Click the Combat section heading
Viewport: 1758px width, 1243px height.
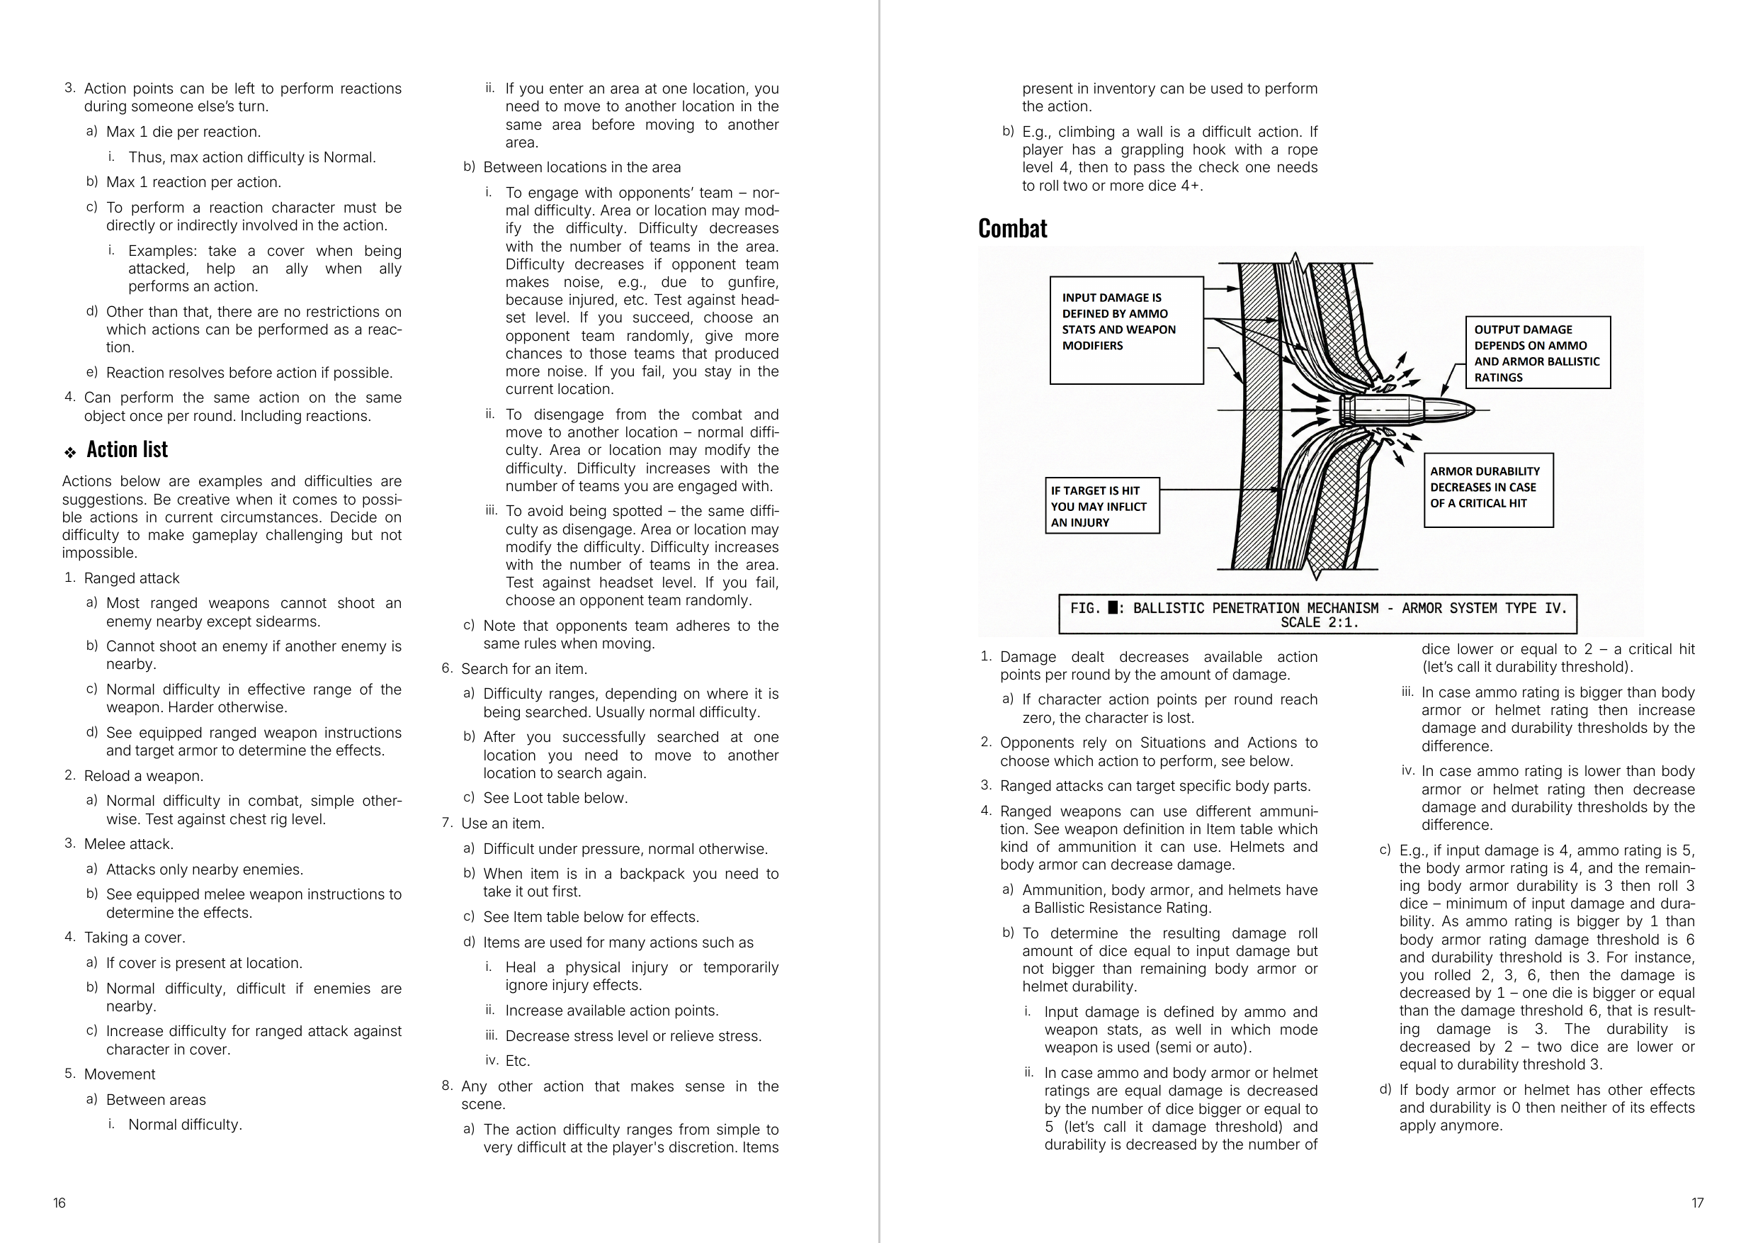pyautogui.click(x=1012, y=228)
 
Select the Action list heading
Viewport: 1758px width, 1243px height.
pyautogui.click(x=127, y=449)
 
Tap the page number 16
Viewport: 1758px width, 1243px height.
pyautogui.click(x=59, y=1203)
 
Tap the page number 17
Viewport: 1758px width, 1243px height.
pyautogui.click(x=1698, y=1203)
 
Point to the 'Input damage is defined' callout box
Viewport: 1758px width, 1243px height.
pyautogui.click(x=1125, y=330)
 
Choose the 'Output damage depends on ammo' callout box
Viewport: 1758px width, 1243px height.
pyautogui.click(x=1537, y=353)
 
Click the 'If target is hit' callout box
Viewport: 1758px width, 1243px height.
pyautogui.click(x=1102, y=506)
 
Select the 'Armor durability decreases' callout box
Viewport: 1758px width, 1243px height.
pyautogui.click(x=1487, y=490)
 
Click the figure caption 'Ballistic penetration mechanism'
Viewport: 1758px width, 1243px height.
pyautogui.click(x=1317, y=614)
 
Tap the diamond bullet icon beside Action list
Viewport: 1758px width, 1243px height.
pyautogui.click(x=70, y=453)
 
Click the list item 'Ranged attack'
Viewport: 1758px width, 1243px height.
pyautogui.click(x=132, y=578)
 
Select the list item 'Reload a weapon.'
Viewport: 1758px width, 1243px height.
pyautogui.click(x=143, y=776)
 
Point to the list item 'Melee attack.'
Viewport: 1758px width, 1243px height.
pyautogui.click(x=129, y=844)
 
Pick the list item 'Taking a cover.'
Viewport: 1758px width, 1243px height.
pyautogui.click(x=134, y=938)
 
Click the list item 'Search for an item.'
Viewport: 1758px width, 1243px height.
pyautogui.click(x=523, y=668)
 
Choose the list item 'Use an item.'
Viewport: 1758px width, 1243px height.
pyautogui.click(x=502, y=823)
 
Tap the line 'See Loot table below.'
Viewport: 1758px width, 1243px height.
pyautogui.click(x=555, y=798)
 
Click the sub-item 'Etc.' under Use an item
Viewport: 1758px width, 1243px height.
pyautogui.click(x=518, y=1061)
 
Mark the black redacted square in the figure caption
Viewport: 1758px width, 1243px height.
pyautogui.click(x=1113, y=608)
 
